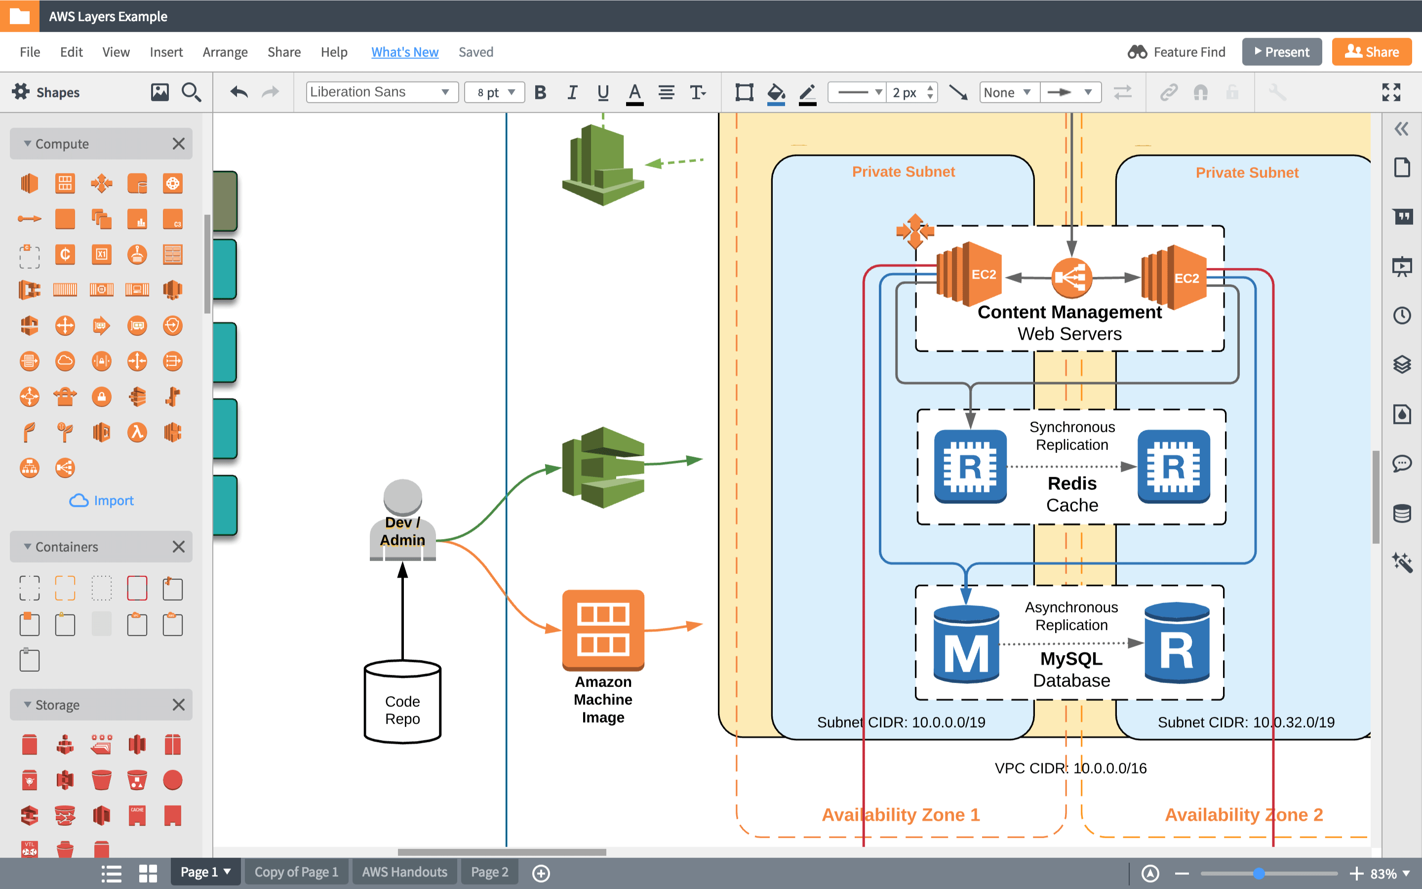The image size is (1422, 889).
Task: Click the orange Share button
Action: coord(1372,52)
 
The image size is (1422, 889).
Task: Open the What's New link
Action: coord(404,52)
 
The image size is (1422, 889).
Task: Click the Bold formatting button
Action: coord(540,92)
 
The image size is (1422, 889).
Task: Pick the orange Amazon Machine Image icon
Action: coord(603,630)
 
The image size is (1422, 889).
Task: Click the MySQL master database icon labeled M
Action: coord(966,645)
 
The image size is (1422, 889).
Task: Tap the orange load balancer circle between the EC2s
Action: coord(1071,278)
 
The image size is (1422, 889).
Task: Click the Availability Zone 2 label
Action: coord(1243,815)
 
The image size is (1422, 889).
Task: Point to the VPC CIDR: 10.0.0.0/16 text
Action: coord(1070,768)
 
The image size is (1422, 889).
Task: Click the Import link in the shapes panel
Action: coord(102,500)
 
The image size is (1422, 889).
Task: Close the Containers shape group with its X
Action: coord(179,547)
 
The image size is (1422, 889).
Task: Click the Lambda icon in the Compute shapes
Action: coord(137,433)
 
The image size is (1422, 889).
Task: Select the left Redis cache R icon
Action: coord(970,467)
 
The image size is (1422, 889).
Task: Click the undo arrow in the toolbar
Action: coord(238,92)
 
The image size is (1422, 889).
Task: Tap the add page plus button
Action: coord(541,873)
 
